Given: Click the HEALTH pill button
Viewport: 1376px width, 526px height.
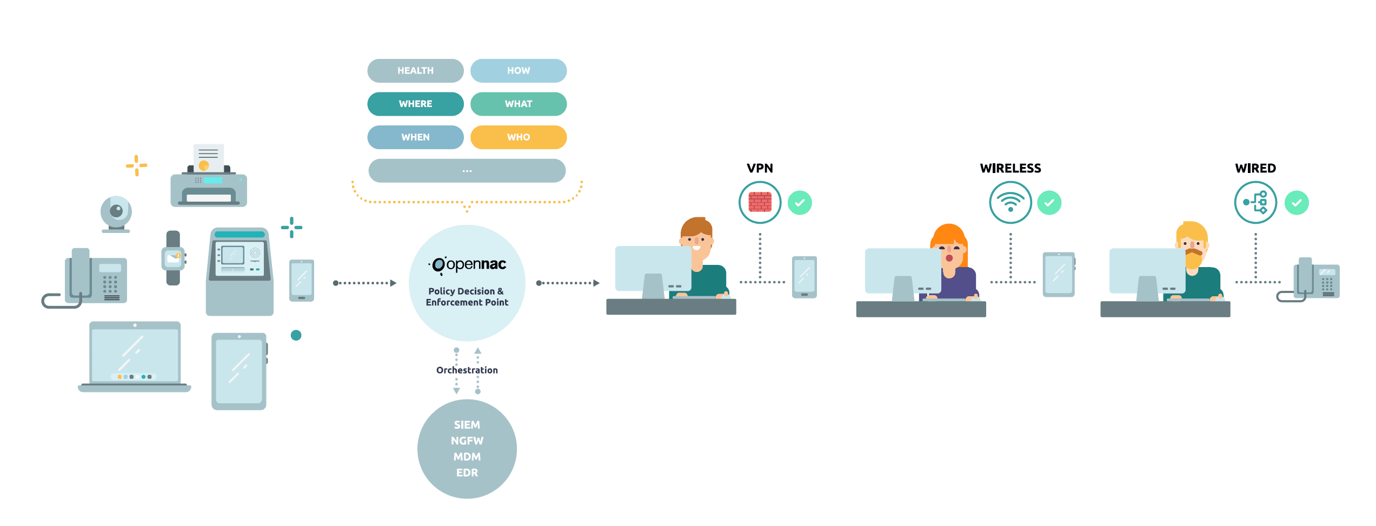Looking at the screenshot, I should click(415, 71).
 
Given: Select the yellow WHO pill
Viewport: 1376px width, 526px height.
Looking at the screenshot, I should click(518, 137).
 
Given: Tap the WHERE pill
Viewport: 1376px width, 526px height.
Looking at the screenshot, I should click(415, 104).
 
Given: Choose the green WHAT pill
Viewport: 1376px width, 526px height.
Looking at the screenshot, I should click(518, 104).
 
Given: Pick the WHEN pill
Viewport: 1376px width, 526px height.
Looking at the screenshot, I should click(415, 137).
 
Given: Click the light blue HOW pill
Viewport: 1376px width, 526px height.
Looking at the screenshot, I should click(518, 71).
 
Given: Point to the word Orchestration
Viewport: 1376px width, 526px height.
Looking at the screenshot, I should click(467, 370).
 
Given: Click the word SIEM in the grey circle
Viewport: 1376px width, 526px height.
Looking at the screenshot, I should click(467, 425).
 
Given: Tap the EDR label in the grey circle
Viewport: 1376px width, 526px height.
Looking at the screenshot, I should click(467, 473).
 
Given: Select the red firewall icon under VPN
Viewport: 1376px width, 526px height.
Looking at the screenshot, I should click(760, 203).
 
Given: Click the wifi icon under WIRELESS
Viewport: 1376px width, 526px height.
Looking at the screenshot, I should click(1010, 203).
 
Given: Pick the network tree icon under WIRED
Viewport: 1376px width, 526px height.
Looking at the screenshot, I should click(1255, 203).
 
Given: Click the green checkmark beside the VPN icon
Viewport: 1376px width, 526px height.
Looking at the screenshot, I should click(800, 203).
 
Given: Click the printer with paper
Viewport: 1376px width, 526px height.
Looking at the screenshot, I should click(209, 178).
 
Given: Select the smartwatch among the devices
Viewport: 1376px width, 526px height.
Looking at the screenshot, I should click(173, 258).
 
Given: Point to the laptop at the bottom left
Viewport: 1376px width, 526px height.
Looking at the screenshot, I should click(135, 357).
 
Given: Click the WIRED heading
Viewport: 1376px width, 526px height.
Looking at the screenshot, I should click(1255, 168).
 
